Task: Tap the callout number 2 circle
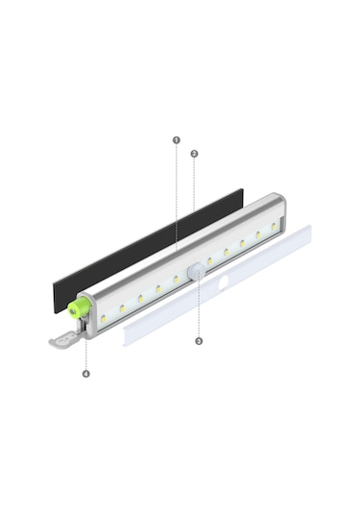pos(194,154)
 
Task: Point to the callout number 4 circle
pos(85,373)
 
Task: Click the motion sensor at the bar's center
pos(196,272)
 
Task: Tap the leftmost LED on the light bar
pos(104,317)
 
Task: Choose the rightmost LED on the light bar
pos(274,227)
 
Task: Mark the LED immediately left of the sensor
pos(176,280)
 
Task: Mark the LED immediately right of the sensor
pos(210,260)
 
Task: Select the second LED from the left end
pos(122,307)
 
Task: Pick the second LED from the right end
pos(257,235)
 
